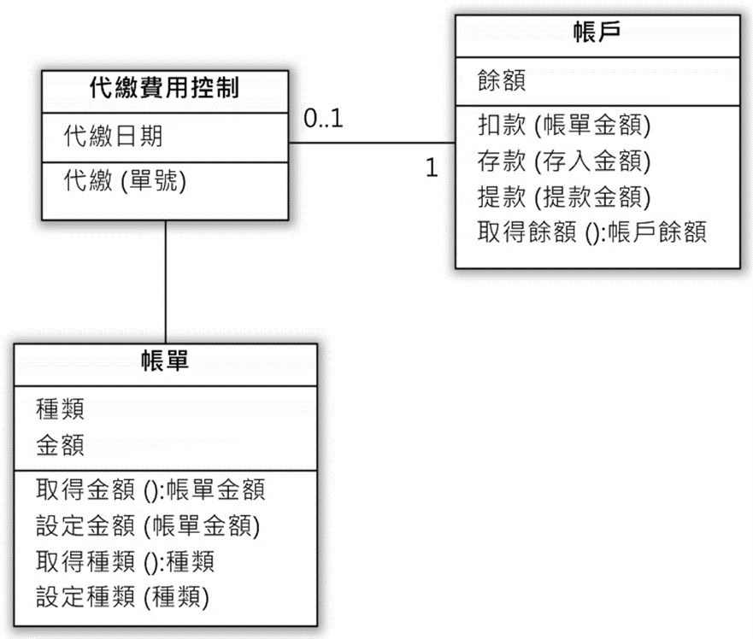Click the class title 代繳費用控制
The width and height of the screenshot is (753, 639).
164,88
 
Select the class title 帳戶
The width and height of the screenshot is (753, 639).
597,32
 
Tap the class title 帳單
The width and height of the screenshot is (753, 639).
165,361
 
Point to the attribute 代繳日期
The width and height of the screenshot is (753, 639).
114,136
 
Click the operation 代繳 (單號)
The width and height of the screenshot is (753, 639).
125,181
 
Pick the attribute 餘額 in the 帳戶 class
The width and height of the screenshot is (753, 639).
502,80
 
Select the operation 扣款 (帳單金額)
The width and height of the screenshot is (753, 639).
564,126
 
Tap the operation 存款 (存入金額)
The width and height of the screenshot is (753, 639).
564,161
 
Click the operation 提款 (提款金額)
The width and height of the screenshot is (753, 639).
564,196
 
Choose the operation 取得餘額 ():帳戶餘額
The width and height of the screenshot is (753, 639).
591,232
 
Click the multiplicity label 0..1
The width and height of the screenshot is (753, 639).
323,119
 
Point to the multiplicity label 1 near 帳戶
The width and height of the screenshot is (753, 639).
432,167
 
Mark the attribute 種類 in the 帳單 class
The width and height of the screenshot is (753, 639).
60,409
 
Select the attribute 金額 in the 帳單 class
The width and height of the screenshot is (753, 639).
60,445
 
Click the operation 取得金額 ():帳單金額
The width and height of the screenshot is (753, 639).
150,490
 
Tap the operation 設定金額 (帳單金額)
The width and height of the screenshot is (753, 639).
148,525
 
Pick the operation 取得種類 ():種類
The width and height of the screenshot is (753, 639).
125,562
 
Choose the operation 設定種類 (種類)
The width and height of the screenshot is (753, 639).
122,597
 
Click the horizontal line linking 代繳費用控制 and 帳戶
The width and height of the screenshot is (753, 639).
372,143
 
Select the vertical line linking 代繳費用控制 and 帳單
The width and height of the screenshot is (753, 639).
166,282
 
